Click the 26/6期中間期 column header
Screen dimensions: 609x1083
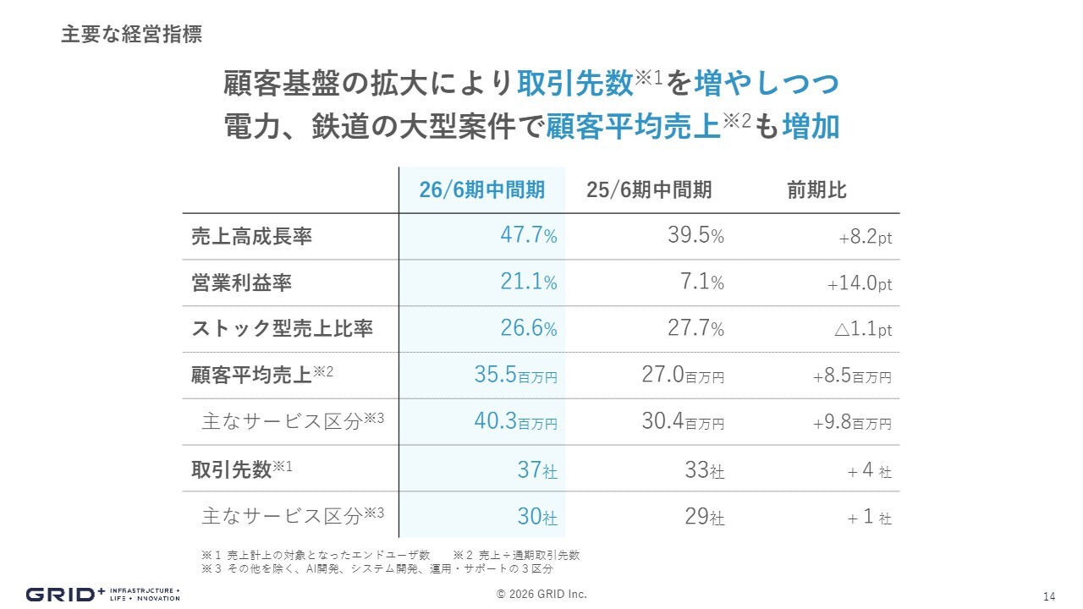point(481,190)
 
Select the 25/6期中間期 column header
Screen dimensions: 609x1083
point(649,190)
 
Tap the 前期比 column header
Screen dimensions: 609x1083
point(816,190)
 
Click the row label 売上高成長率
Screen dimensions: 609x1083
point(252,237)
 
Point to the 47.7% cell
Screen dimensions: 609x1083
point(528,236)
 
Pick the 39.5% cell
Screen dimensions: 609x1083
point(695,236)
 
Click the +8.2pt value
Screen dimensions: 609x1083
point(865,238)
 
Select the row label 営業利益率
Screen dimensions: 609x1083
point(242,283)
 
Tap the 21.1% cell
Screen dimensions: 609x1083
point(528,283)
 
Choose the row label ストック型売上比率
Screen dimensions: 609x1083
point(283,329)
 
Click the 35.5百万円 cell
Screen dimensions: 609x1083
point(515,376)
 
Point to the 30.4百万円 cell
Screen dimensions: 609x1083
point(683,422)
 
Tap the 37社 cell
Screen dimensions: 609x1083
point(537,469)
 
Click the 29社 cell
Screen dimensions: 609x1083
point(705,516)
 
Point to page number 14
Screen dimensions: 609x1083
point(1049,595)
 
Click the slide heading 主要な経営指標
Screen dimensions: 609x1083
point(131,36)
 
